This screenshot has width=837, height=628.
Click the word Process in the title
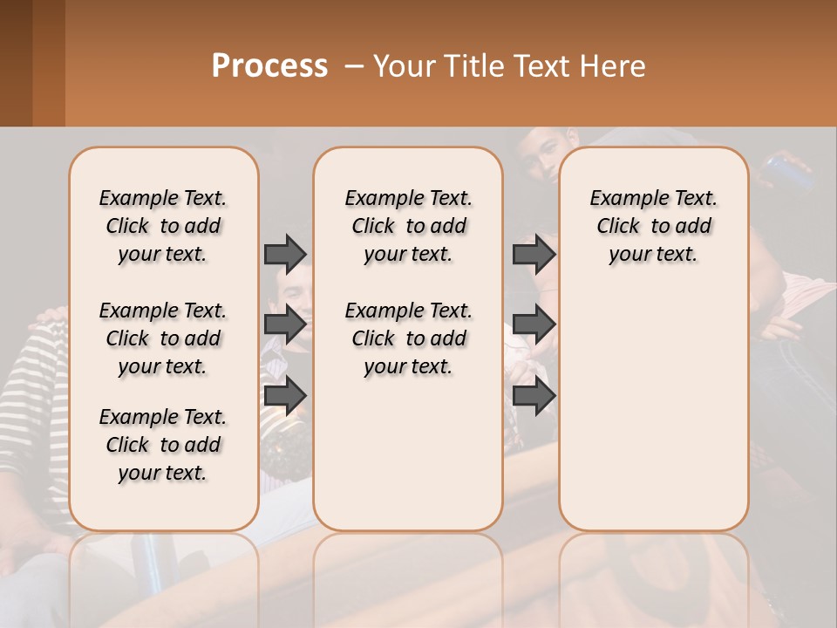(269, 66)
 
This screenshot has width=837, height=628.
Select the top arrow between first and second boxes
(285, 254)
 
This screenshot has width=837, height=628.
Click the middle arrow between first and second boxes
(285, 324)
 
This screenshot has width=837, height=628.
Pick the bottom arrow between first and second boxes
(285, 395)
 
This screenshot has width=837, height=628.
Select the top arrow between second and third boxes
(534, 254)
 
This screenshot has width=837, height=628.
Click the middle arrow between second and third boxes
(534, 324)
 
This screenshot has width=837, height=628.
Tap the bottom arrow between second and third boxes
(534, 395)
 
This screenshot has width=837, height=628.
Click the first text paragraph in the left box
(163, 226)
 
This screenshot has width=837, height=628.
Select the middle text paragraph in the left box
(163, 338)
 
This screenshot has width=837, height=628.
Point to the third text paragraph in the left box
(163, 445)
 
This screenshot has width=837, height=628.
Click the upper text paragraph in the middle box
(408, 226)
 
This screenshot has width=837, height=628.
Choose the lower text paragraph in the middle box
(408, 338)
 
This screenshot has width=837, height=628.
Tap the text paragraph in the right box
(653, 226)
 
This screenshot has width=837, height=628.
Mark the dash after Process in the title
(354, 66)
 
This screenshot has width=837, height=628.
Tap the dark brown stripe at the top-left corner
(16, 61)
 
